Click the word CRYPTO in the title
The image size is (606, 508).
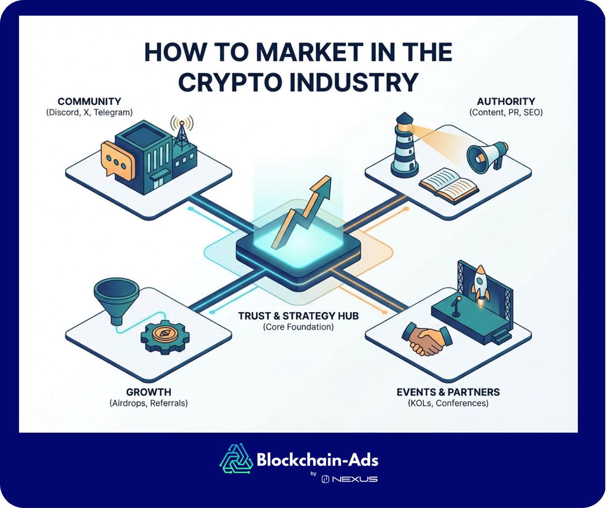point(230,82)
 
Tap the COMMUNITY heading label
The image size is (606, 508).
point(89,102)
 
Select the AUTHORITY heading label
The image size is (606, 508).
point(506,102)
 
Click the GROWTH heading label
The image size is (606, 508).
point(149,392)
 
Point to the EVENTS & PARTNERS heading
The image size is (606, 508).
point(448,392)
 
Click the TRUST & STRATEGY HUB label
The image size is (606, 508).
point(298,316)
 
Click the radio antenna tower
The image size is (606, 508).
point(182,135)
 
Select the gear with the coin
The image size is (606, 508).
point(165,336)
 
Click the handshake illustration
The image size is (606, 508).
point(426,339)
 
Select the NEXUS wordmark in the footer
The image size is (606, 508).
point(355,479)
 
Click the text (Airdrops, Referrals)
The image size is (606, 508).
point(149,403)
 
